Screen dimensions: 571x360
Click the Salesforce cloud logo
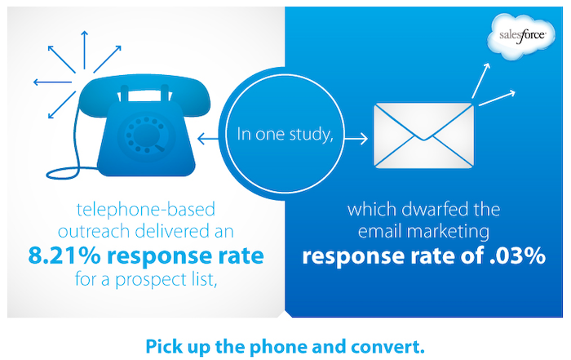(521, 36)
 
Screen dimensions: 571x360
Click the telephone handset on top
(144, 91)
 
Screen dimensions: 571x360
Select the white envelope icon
(424, 136)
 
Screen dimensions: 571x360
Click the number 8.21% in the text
(64, 256)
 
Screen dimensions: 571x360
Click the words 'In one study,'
(285, 134)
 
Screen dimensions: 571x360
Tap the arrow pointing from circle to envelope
(356, 139)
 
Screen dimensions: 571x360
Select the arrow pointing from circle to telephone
(208, 139)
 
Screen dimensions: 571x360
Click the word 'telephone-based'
(146, 210)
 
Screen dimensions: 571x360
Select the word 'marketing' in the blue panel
(449, 232)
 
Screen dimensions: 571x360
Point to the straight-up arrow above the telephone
(85, 50)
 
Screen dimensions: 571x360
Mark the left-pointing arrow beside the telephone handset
(52, 82)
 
